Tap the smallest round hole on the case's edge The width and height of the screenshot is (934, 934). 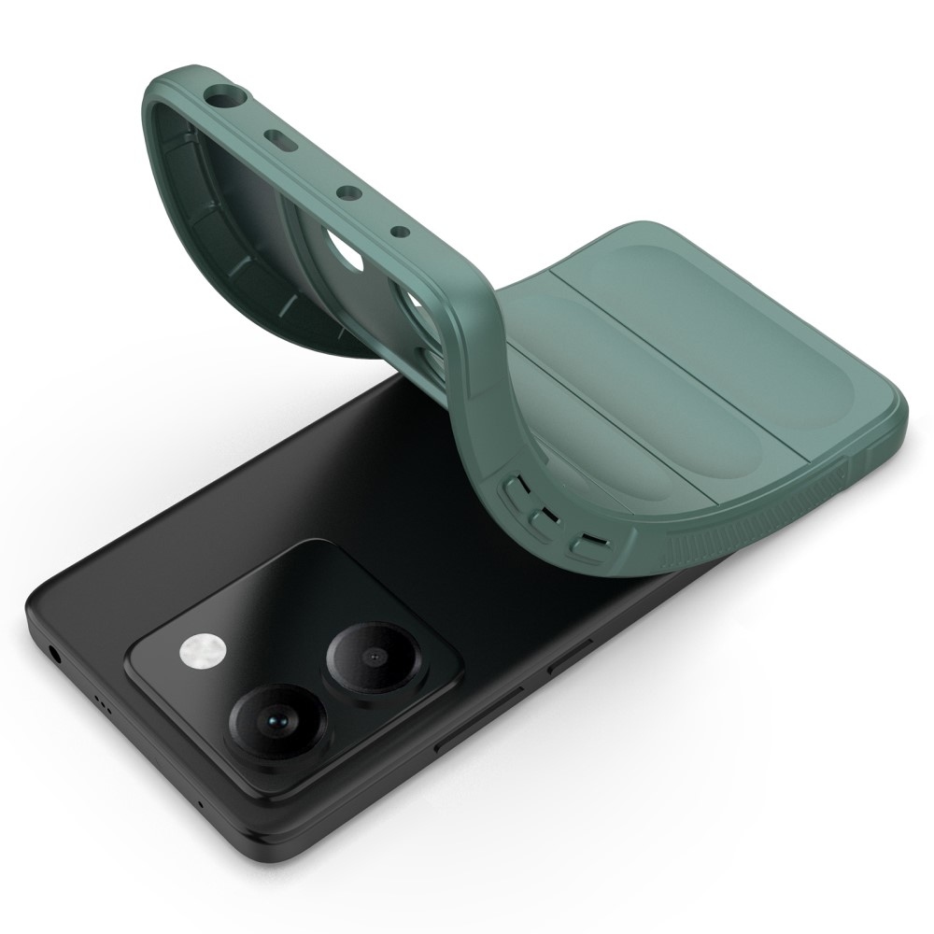(399, 229)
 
